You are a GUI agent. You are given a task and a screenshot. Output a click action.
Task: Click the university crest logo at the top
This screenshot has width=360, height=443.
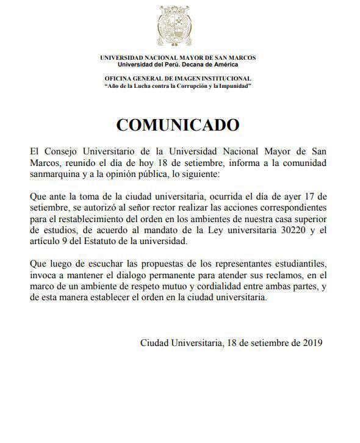coord(178,27)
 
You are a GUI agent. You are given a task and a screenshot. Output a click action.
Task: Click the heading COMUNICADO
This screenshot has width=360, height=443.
coord(178,124)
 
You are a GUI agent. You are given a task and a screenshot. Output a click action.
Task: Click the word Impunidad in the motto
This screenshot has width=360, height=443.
coord(234,86)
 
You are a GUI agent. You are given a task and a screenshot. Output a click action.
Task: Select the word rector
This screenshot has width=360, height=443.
coord(152,209)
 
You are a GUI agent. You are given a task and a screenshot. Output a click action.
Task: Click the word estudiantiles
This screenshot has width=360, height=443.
coord(289,264)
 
